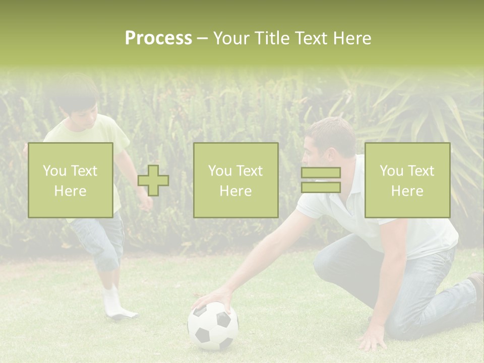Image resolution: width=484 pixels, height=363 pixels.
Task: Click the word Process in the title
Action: pos(158,38)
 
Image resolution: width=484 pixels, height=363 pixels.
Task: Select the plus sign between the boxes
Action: pos(153,180)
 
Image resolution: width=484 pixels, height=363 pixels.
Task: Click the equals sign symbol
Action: pos(321,180)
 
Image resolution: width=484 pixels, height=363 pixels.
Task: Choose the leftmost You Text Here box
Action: pos(71,180)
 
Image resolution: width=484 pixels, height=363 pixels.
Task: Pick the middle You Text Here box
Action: pos(235,180)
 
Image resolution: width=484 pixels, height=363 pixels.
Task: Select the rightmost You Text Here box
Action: pos(407,180)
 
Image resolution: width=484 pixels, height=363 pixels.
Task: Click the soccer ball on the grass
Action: pos(213,326)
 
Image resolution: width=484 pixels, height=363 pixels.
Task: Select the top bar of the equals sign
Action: pos(321,173)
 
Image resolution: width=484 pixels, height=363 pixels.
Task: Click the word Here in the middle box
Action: pos(235,191)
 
